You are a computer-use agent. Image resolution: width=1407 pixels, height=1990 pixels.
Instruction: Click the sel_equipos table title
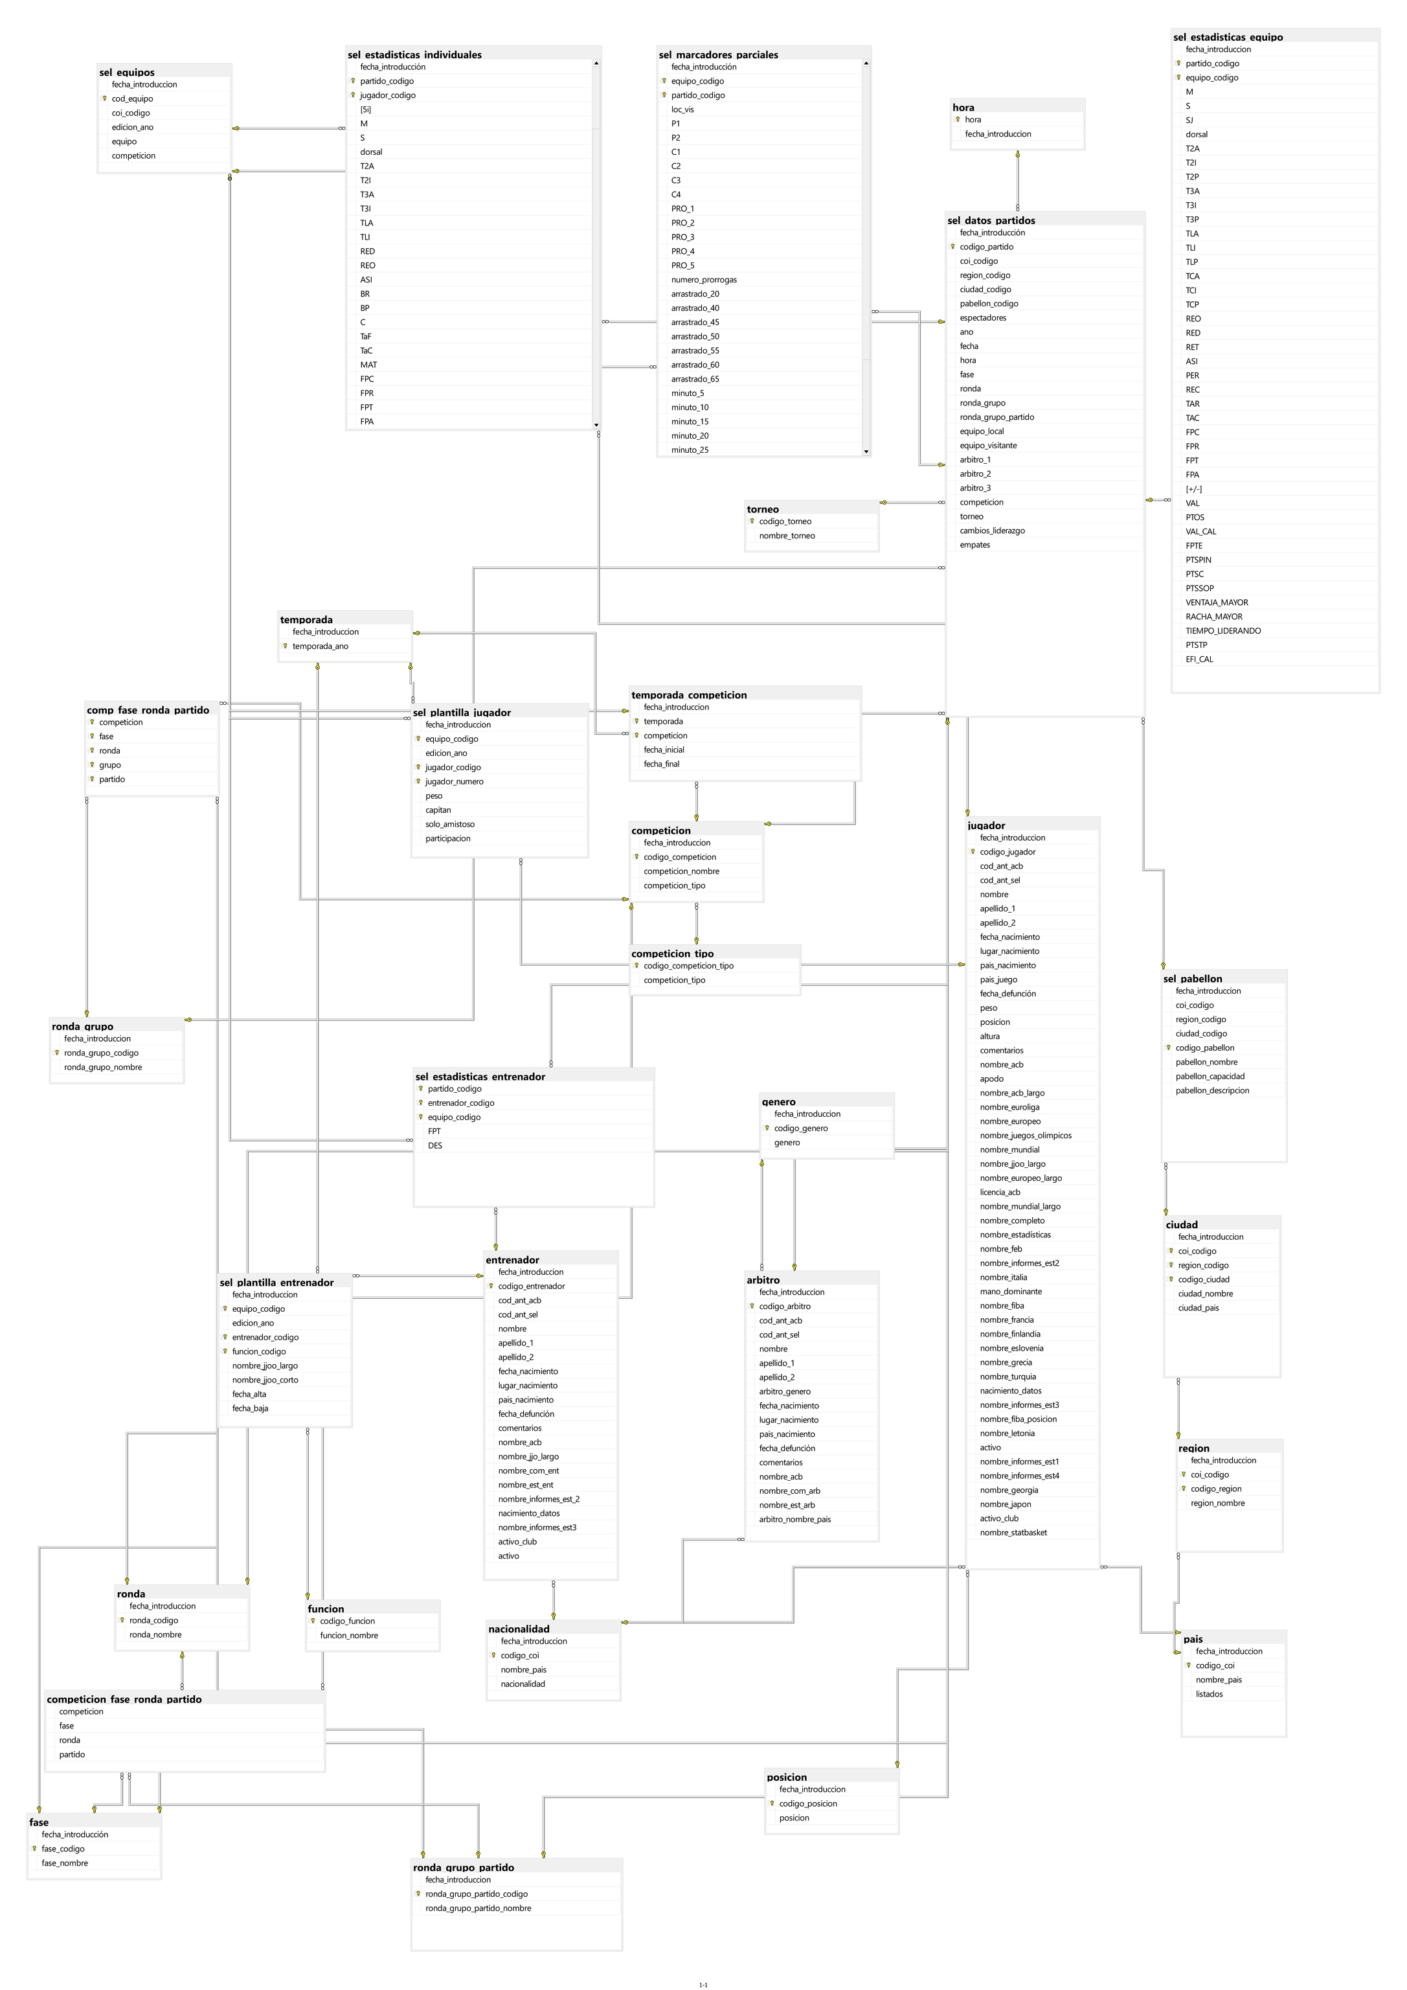[128, 73]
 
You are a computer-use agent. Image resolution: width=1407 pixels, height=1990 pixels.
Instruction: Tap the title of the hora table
[963, 108]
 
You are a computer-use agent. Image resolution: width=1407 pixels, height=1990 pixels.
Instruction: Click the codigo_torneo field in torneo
[785, 521]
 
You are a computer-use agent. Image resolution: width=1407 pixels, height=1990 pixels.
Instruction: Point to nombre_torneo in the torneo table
[787, 536]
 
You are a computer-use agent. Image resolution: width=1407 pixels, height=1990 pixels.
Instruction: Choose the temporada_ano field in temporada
[320, 646]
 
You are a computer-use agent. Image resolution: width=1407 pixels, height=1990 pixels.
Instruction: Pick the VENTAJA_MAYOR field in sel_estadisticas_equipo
[1217, 602]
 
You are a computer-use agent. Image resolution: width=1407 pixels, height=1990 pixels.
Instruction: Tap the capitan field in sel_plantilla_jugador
[438, 810]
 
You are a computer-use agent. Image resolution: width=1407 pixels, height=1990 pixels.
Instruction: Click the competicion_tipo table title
[672, 954]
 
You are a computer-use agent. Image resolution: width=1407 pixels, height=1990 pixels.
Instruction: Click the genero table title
[778, 1102]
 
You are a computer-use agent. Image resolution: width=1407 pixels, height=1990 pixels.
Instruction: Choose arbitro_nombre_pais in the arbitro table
[794, 1519]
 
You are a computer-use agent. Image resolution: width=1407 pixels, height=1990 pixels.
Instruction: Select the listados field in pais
[1209, 1693]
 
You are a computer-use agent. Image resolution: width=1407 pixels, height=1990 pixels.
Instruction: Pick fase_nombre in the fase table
[64, 1862]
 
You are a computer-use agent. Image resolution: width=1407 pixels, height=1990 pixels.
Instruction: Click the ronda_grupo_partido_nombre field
[478, 1908]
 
